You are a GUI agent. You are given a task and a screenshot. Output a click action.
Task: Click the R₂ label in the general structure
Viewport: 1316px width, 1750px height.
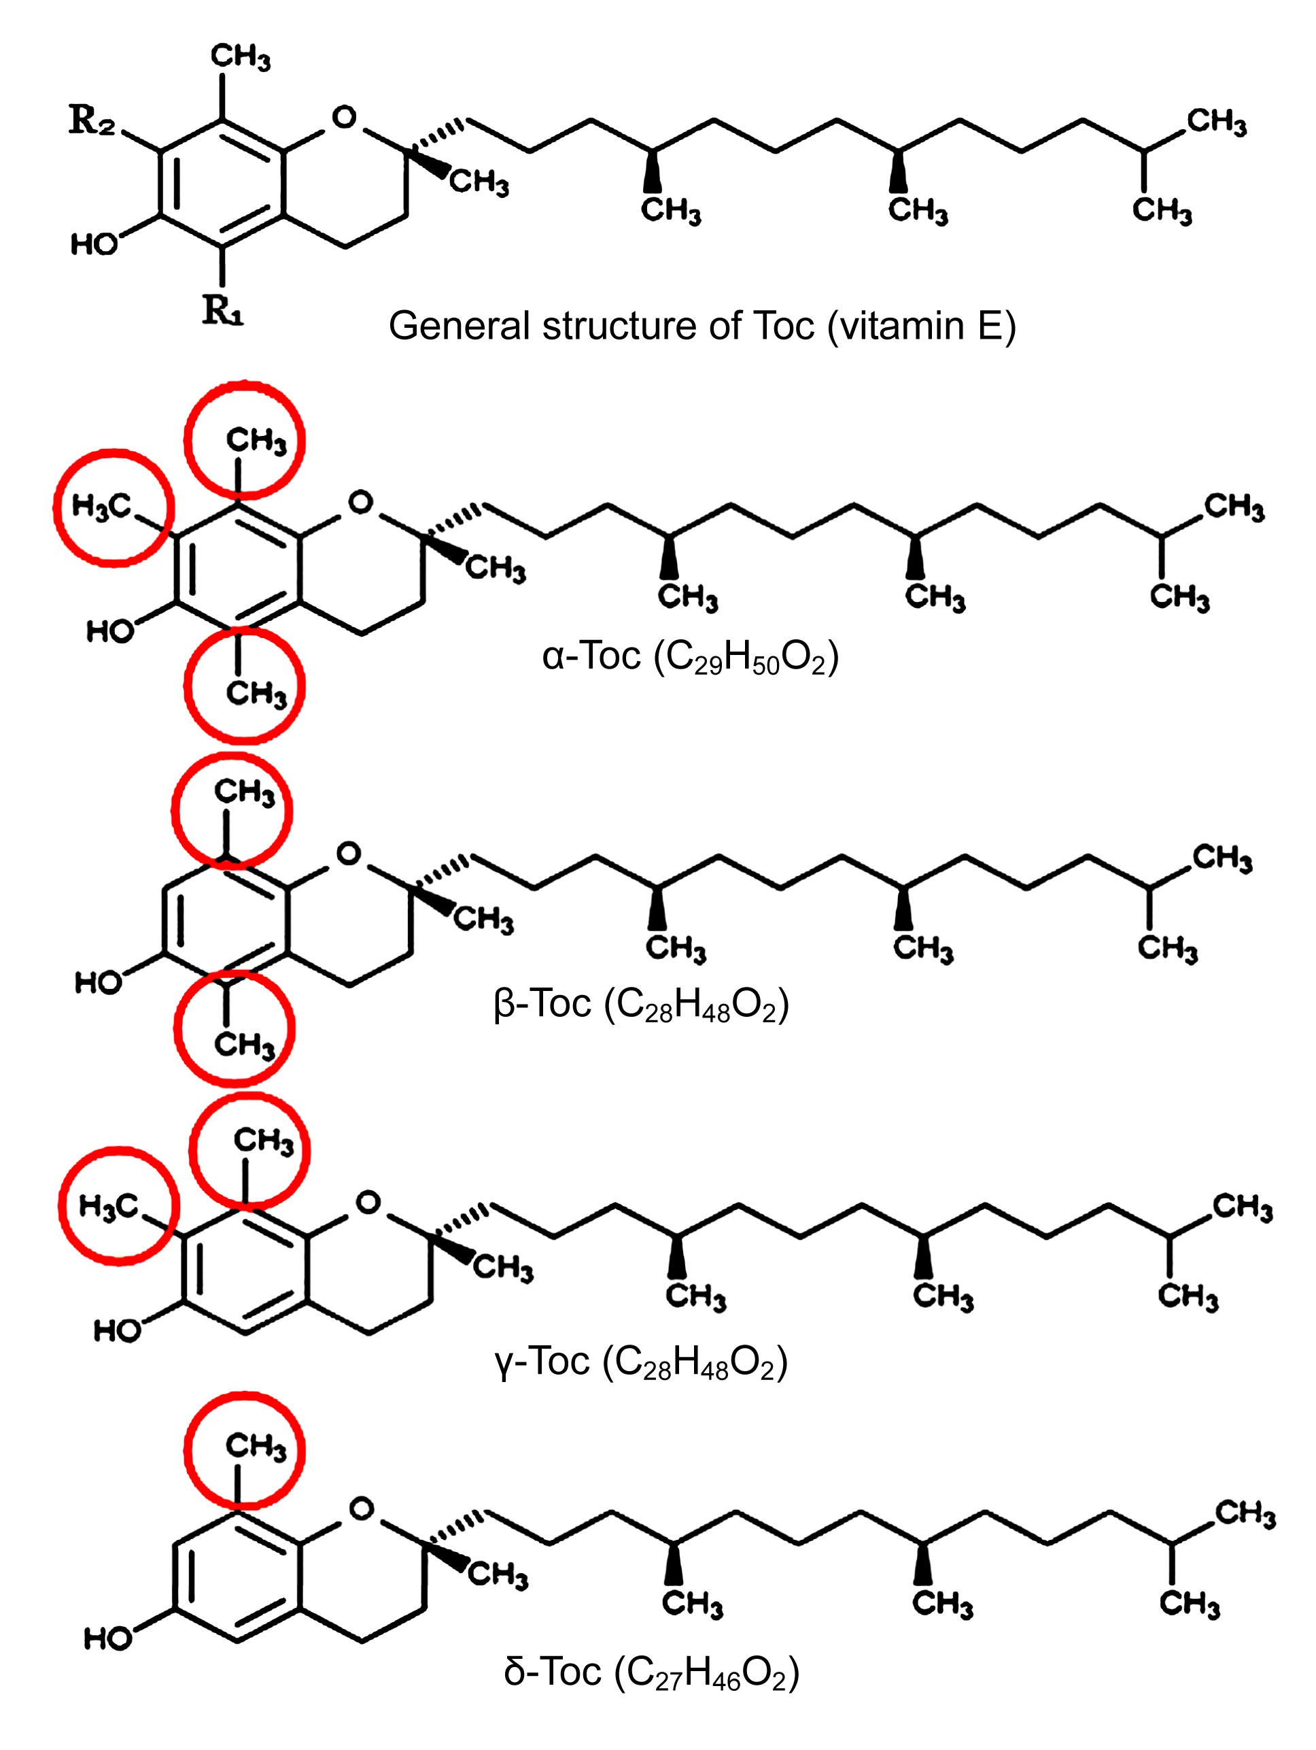click(92, 121)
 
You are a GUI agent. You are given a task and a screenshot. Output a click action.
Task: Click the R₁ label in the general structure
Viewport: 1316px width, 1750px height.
click(222, 309)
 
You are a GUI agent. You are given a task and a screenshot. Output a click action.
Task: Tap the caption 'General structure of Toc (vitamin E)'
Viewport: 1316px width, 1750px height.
click(702, 326)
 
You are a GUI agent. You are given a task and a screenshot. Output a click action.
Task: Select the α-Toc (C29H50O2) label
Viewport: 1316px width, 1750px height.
click(690, 656)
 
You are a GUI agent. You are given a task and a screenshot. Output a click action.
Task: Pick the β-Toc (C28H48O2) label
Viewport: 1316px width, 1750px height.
click(640, 1005)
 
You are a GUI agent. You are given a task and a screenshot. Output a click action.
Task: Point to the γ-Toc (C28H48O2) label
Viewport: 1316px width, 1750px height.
click(640, 1362)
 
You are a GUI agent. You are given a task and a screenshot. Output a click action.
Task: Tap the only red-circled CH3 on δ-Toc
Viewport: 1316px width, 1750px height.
click(256, 1446)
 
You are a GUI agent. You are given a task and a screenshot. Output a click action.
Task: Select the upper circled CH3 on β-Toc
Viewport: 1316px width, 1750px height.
click(245, 792)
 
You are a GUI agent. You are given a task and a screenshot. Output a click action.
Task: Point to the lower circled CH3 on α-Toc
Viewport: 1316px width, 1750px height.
click(256, 693)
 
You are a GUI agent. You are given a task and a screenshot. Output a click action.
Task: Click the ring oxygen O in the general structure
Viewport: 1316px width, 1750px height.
click(344, 117)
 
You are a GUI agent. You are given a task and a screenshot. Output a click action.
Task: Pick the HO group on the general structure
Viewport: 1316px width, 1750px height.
click(94, 243)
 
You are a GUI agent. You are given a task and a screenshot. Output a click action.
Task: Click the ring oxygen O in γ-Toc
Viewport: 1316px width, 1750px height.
click(368, 1202)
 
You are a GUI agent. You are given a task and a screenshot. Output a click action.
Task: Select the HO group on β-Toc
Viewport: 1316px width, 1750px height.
click(99, 983)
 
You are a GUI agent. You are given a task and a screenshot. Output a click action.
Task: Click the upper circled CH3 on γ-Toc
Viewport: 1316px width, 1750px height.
click(263, 1141)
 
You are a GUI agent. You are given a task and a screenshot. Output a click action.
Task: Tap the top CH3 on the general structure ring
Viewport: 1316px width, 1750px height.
click(241, 57)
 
